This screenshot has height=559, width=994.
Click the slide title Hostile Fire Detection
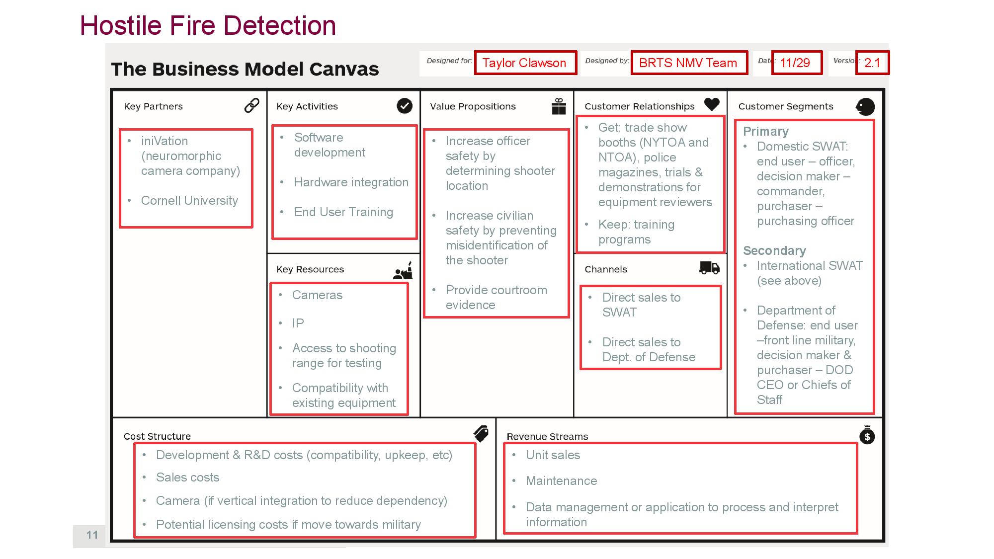(x=208, y=26)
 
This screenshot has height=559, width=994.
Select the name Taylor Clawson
(x=524, y=63)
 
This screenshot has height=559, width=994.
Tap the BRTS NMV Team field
(x=688, y=63)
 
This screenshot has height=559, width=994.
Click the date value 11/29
(x=795, y=63)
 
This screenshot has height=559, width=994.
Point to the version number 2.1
(x=872, y=63)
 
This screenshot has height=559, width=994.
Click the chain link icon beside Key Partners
(x=252, y=105)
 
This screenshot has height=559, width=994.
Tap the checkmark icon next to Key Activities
(x=405, y=106)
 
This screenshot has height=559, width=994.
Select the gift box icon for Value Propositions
(x=559, y=106)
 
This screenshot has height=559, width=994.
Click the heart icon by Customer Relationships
(x=712, y=104)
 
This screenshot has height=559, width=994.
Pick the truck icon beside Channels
(x=709, y=268)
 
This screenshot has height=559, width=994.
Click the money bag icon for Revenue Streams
(x=867, y=435)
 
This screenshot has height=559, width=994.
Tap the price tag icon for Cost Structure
(x=481, y=434)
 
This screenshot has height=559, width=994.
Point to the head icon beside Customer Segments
(x=865, y=106)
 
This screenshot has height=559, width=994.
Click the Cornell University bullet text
(x=189, y=201)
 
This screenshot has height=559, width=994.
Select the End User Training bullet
(x=343, y=212)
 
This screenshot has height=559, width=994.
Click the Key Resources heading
(x=310, y=269)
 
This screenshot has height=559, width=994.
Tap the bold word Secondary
(x=774, y=251)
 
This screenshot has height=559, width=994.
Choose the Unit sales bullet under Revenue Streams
(x=553, y=455)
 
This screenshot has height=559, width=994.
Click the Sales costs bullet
(x=187, y=478)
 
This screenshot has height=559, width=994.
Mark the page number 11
(x=92, y=535)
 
